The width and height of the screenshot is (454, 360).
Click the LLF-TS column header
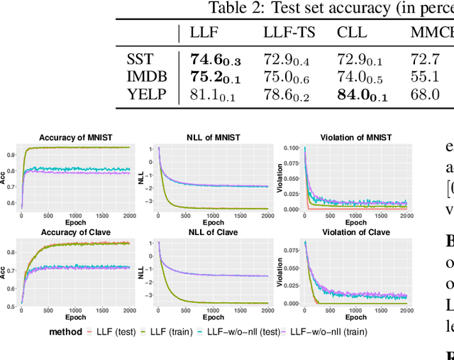[x=289, y=32]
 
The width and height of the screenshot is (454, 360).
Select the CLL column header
[x=353, y=32]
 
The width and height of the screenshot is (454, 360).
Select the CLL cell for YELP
[x=362, y=94]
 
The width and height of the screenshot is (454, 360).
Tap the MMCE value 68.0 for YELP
[x=424, y=94]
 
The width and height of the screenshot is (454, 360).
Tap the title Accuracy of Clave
[x=75, y=232]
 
